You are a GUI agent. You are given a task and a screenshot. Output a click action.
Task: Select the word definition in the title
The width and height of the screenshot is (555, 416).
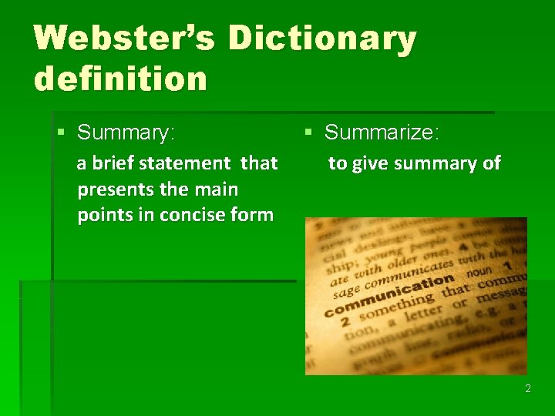pyautogui.click(x=120, y=79)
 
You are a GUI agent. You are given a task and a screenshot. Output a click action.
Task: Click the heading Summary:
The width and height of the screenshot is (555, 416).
pyautogui.click(x=126, y=133)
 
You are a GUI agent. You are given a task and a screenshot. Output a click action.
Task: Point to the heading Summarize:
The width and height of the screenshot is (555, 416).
pyautogui.click(x=382, y=133)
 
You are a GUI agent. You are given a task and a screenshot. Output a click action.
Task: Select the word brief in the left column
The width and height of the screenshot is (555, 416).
pyautogui.click(x=115, y=163)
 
